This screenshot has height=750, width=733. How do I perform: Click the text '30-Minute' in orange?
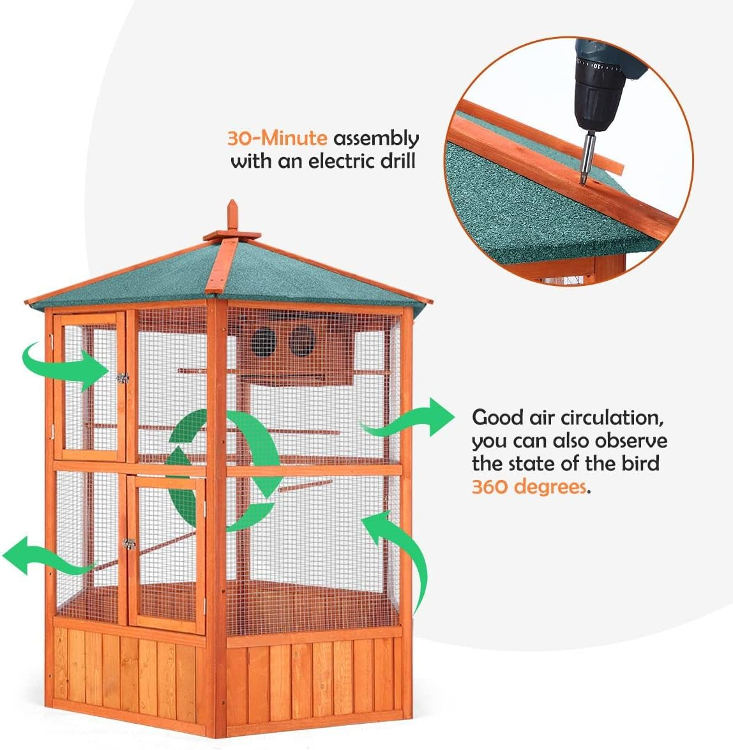click(277, 139)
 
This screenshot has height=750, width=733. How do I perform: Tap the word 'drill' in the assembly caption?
click(395, 160)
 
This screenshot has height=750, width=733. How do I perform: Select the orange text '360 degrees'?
click(529, 487)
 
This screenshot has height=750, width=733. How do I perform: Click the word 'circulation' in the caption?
click(610, 418)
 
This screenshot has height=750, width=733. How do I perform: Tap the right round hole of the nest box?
click(300, 341)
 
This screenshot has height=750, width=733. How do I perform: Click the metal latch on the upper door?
click(122, 378)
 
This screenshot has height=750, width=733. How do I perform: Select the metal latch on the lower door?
click(130, 544)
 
